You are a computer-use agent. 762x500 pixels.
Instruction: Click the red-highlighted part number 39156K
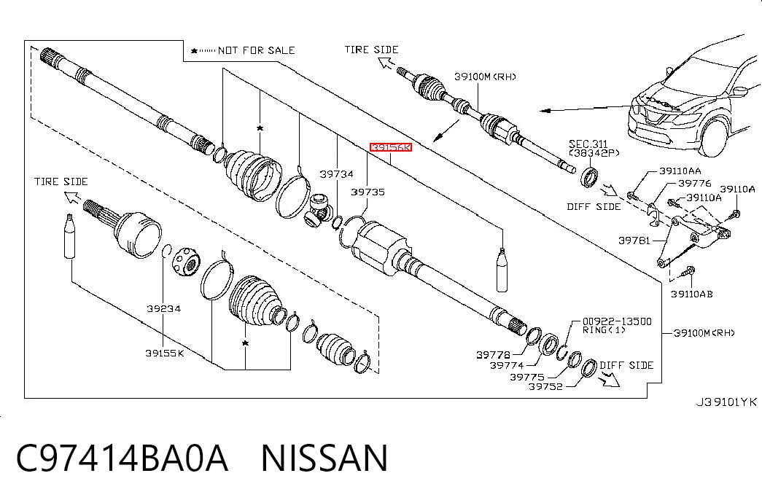tap(391, 147)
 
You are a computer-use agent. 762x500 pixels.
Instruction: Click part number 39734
tap(336, 174)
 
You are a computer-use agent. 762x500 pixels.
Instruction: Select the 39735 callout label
tap(368, 192)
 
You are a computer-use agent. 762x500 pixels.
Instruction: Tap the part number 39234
tap(164, 308)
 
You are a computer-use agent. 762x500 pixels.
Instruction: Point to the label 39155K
tap(165, 353)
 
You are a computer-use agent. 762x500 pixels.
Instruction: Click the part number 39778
tap(493, 355)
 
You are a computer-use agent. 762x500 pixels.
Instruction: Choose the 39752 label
tap(545, 387)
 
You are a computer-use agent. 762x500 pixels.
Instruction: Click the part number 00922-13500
tap(617, 321)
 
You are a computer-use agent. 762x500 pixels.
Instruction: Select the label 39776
tap(695, 183)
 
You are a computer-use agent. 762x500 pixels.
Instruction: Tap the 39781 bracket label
tap(634, 241)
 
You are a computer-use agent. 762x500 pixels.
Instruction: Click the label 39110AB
tap(692, 294)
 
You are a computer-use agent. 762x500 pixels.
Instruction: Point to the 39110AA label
tap(680, 171)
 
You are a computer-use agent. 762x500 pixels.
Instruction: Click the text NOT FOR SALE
tap(256, 50)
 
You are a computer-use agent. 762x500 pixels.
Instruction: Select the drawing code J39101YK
tap(726, 402)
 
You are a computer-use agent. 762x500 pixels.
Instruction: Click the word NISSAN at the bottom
tap(324, 458)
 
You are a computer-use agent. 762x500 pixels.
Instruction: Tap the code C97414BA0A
tap(122, 458)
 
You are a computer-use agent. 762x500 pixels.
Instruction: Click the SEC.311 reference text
tap(588, 144)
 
